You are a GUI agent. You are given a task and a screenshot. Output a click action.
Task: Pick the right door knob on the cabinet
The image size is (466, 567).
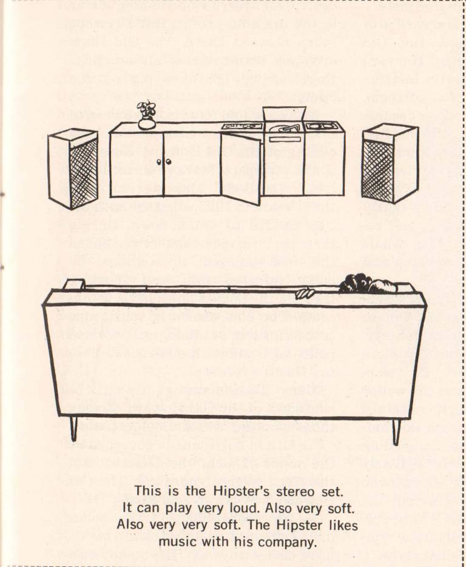168,162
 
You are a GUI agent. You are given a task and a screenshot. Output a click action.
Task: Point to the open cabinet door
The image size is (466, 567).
240,168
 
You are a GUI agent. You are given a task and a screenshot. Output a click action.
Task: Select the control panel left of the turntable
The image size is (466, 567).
242,127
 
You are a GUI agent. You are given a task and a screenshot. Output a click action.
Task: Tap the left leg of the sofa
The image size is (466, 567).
74,429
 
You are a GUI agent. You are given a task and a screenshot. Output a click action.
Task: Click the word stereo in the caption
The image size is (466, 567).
296,492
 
